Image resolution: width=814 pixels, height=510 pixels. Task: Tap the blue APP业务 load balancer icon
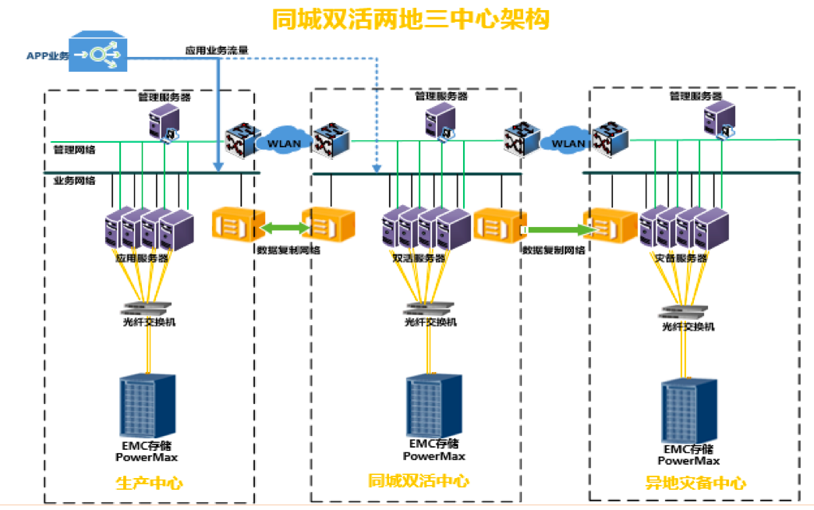click(98, 53)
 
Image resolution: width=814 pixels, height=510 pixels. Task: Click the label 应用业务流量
click(217, 50)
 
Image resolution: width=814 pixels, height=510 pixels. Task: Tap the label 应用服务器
click(142, 257)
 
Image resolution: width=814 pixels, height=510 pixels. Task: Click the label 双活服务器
click(419, 257)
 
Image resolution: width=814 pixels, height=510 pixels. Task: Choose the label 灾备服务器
click(678, 257)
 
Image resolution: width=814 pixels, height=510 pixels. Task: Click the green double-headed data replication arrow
click(284, 228)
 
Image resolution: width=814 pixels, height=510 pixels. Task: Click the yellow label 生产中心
click(149, 483)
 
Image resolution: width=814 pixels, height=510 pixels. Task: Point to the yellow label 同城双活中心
click(419, 481)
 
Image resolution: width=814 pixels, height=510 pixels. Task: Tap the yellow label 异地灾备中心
click(695, 483)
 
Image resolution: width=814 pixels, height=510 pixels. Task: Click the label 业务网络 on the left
click(74, 181)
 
